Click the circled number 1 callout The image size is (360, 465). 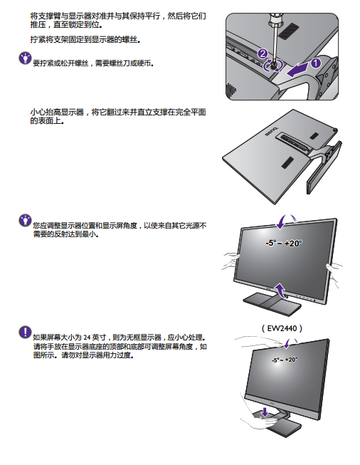[315, 63]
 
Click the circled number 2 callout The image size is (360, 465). [263, 53]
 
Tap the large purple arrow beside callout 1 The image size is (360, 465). [297, 70]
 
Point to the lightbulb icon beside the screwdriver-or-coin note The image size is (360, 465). [25, 58]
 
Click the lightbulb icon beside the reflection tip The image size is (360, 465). [25, 220]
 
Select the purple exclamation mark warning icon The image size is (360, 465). [25, 332]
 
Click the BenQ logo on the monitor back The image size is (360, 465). [271, 131]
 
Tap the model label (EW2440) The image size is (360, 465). [282, 328]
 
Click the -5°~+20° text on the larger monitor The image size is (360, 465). [284, 243]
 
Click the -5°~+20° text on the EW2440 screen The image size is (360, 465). [285, 360]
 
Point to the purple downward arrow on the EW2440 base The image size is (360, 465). [265, 412]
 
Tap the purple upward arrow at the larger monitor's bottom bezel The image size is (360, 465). [280, 289]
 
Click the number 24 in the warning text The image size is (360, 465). [87, 338]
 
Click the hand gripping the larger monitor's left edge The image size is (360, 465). [231, 261]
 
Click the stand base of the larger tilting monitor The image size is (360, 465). [272, 303]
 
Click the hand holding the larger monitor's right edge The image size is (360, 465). [334, 273]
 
